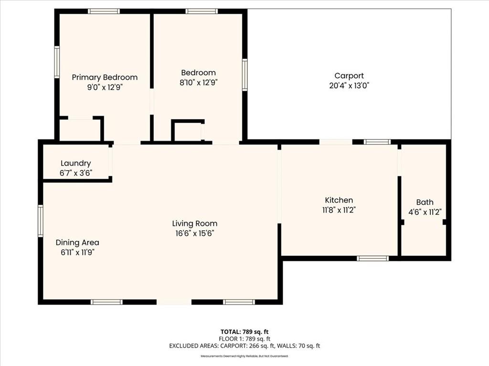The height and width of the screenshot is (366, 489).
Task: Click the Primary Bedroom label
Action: point(105,77)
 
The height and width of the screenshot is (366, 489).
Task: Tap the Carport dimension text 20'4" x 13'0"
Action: point(349,86)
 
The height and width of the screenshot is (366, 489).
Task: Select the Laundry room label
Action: point(76,163)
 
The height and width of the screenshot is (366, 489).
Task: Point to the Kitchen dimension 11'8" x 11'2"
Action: point(339,210)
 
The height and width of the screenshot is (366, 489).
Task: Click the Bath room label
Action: point(425,202)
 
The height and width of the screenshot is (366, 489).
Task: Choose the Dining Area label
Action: point(77,243)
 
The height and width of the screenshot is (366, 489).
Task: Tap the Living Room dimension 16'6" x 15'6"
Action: point(195,233)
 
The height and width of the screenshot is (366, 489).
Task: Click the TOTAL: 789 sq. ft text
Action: point(244,332)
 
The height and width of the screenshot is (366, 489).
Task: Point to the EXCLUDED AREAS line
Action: point(244,346)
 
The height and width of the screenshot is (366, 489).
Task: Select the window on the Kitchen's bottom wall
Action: point(372,258)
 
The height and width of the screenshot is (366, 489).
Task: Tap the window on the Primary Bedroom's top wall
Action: point(104,11)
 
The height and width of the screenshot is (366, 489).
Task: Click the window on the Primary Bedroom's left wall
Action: point(57,62)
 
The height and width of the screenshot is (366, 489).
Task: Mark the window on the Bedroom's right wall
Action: point(245,75)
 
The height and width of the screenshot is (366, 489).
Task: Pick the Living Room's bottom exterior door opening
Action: point(174,302)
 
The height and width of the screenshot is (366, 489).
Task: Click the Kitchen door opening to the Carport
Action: point(336,142)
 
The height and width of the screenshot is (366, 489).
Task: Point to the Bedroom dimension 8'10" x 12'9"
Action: point(198,82)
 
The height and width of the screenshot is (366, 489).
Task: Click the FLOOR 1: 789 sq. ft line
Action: point(244,339)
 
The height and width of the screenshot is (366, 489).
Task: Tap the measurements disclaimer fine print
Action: point(244,356)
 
